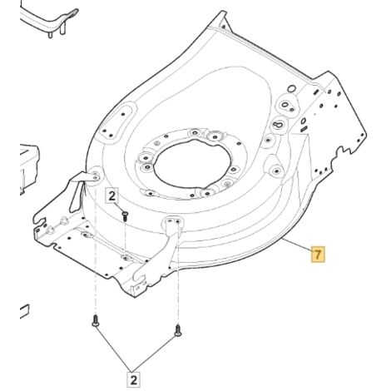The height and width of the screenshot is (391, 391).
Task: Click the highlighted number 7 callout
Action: (x=318, y=254)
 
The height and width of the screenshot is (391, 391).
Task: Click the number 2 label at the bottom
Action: (x=133, y=379)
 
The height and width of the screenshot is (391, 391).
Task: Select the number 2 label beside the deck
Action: (x=111, y=196)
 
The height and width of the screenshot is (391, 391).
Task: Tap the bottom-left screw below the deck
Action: (x=96, y=321)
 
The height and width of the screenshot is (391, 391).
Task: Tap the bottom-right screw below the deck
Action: (x=178, y=330)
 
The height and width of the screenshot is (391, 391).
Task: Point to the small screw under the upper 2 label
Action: (x=125, y=215)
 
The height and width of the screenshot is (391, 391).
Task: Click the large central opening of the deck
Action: (x=192, y=163)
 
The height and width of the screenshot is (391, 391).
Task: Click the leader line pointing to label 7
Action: (x=297, y=245)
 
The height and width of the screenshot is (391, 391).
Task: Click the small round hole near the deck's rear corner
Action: (x=291, y=89)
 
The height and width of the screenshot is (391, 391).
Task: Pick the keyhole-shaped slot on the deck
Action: (x=279, y=124)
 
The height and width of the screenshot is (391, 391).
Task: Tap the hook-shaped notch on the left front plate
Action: (x=39, y=220)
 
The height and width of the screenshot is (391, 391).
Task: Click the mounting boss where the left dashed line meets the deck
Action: (x=96, y=176)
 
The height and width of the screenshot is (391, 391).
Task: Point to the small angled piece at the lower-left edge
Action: (x=24, y=312)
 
